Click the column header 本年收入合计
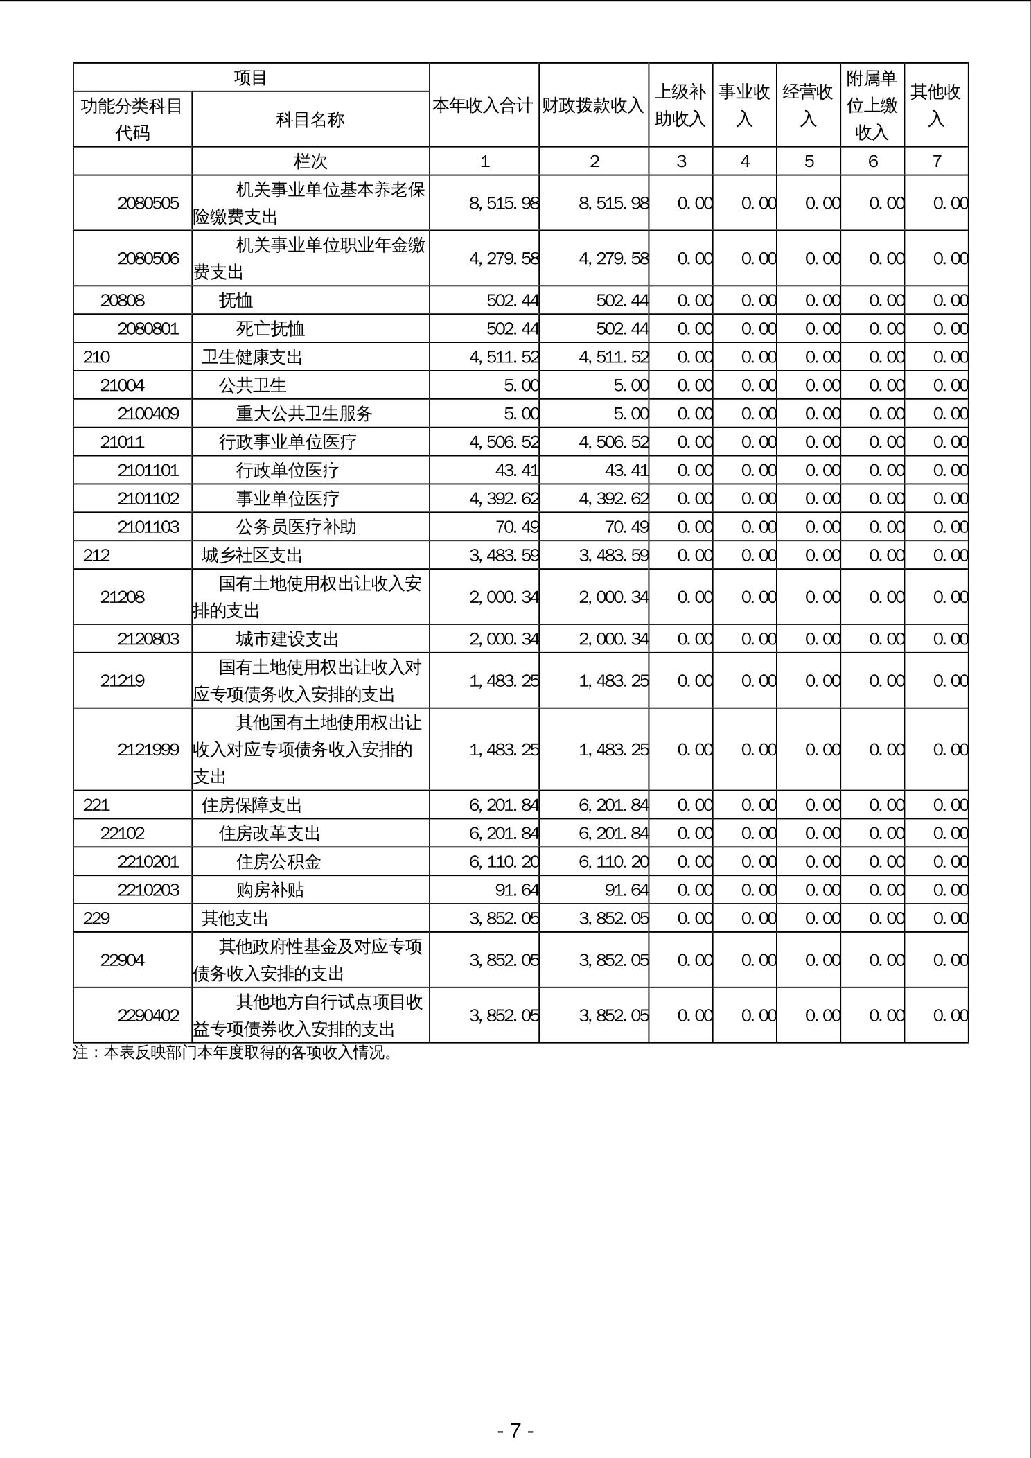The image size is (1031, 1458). click(484, 105)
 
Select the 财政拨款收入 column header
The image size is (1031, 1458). click(593, 105)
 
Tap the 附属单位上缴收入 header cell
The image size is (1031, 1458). click(872, 105)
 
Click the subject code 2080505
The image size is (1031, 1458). click(148, 203)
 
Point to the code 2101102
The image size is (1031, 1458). click(148, 499)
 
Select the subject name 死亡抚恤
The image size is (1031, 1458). click(270, 328)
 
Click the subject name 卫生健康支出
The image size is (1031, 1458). click(252, 357)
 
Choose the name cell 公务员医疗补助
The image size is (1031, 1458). click(296, 527)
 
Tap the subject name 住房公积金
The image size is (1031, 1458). click(279, 862)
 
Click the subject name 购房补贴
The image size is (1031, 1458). click(270, 890)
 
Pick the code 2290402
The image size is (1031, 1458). click(148, 1015)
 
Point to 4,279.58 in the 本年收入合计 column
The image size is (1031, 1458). click(504, 258)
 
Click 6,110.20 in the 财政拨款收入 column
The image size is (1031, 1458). click(613, 862)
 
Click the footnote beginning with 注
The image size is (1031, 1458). click(233, 1053)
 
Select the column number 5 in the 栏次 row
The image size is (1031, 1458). click(809, 161)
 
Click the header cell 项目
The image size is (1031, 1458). click(251, 78)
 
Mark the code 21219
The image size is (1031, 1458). click(123, 680)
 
